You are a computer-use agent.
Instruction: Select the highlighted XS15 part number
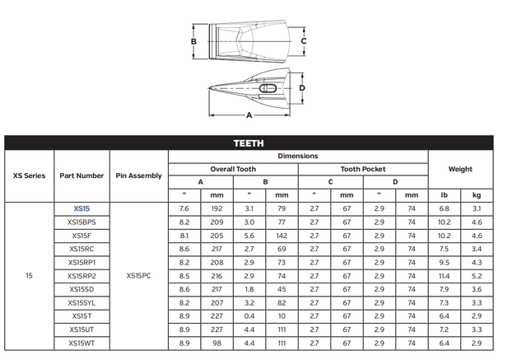coord(82,208)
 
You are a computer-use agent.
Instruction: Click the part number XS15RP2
coord(82,275)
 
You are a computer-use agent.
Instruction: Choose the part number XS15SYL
coord(82,302)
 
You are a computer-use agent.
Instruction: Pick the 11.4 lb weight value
coord(444,275)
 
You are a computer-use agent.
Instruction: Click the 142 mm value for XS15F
coord(281,236)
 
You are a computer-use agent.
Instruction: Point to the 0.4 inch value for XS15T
coord(249,316)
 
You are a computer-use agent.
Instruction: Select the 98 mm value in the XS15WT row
coord(217,343)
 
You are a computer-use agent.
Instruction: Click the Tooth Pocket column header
coord(362,169)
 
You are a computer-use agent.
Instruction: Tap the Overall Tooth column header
coord(233,169)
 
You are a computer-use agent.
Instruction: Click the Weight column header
coord(460,169)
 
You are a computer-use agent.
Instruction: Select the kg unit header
coord(476,195)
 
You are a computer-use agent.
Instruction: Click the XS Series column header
coord(30,175)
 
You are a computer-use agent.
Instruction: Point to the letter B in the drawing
coord(193,40)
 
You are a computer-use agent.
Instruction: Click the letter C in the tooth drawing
coord(304,40)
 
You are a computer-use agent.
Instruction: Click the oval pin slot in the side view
coord(268,88)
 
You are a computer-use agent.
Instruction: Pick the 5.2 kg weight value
coord(476,275)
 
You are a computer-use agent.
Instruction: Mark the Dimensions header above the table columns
coord(297,156)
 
